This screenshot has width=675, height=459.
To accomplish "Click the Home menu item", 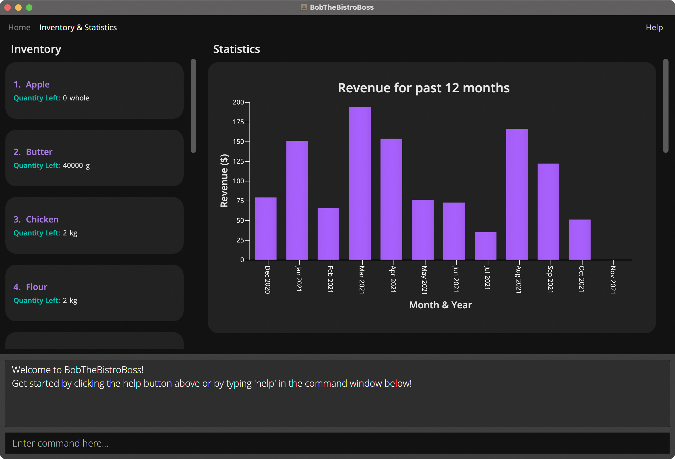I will click(19, 27).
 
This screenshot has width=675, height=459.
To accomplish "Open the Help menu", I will click(654, 27).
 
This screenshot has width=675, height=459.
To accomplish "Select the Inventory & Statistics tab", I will click(78, 27).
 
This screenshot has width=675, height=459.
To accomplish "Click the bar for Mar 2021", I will click(360, 183).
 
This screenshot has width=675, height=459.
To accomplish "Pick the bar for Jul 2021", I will click(485, 246).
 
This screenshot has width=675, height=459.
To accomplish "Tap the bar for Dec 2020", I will click(265, 228).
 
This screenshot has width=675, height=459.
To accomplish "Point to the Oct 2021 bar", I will click(579, 239).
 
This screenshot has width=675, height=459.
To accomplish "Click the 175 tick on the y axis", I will click(238, 122).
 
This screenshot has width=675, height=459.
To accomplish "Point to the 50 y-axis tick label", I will click(240, 221).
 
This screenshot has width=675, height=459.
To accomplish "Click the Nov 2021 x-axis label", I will click(613, 279).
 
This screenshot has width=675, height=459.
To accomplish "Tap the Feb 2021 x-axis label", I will click(330, 279).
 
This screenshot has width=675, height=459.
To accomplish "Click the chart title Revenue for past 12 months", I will click(423, 88).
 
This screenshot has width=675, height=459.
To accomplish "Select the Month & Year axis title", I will click(440, 305).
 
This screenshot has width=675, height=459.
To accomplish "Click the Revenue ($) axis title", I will click(224, 180).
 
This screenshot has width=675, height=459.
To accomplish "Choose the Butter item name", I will click(39, 152).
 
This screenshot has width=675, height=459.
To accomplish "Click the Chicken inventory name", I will click(42, 219).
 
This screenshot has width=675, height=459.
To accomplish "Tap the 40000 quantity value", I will click(73, 165).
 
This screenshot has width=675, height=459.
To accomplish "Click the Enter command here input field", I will click(337, 443).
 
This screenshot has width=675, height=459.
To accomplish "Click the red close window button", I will click(8, 8).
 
